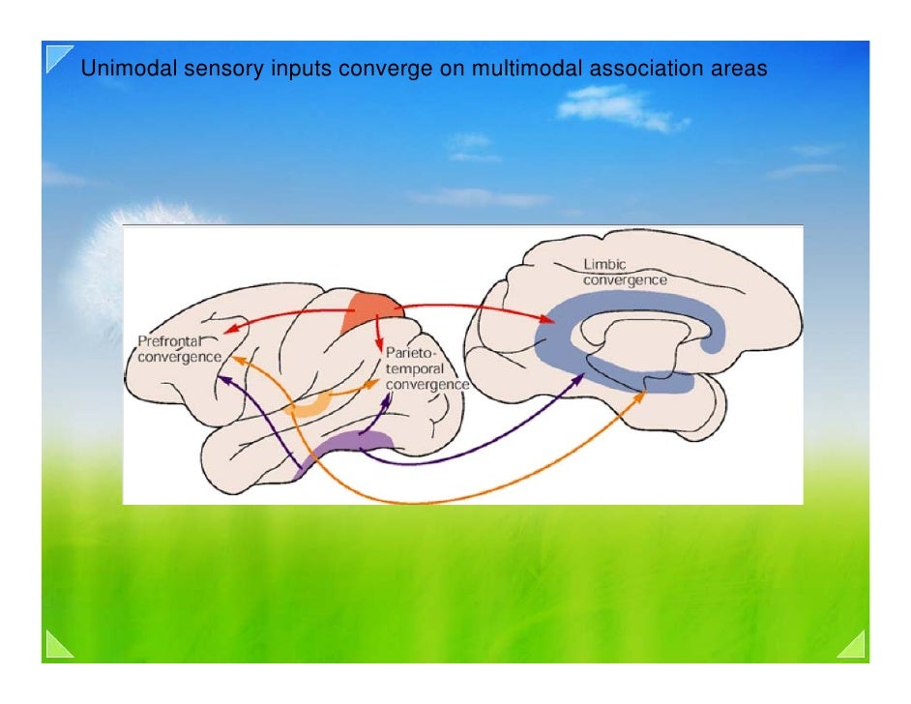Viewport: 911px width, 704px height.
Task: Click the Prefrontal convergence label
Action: pyautogui.click(x=179, y=350)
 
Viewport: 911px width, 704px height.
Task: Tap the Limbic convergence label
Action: pyautogui.click(x=623, y=272)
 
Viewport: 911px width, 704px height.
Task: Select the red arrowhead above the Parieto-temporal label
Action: pyautogui.click(x=379, y=349)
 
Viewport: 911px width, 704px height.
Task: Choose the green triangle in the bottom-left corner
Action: pyautogui.click(x=59, y=646)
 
